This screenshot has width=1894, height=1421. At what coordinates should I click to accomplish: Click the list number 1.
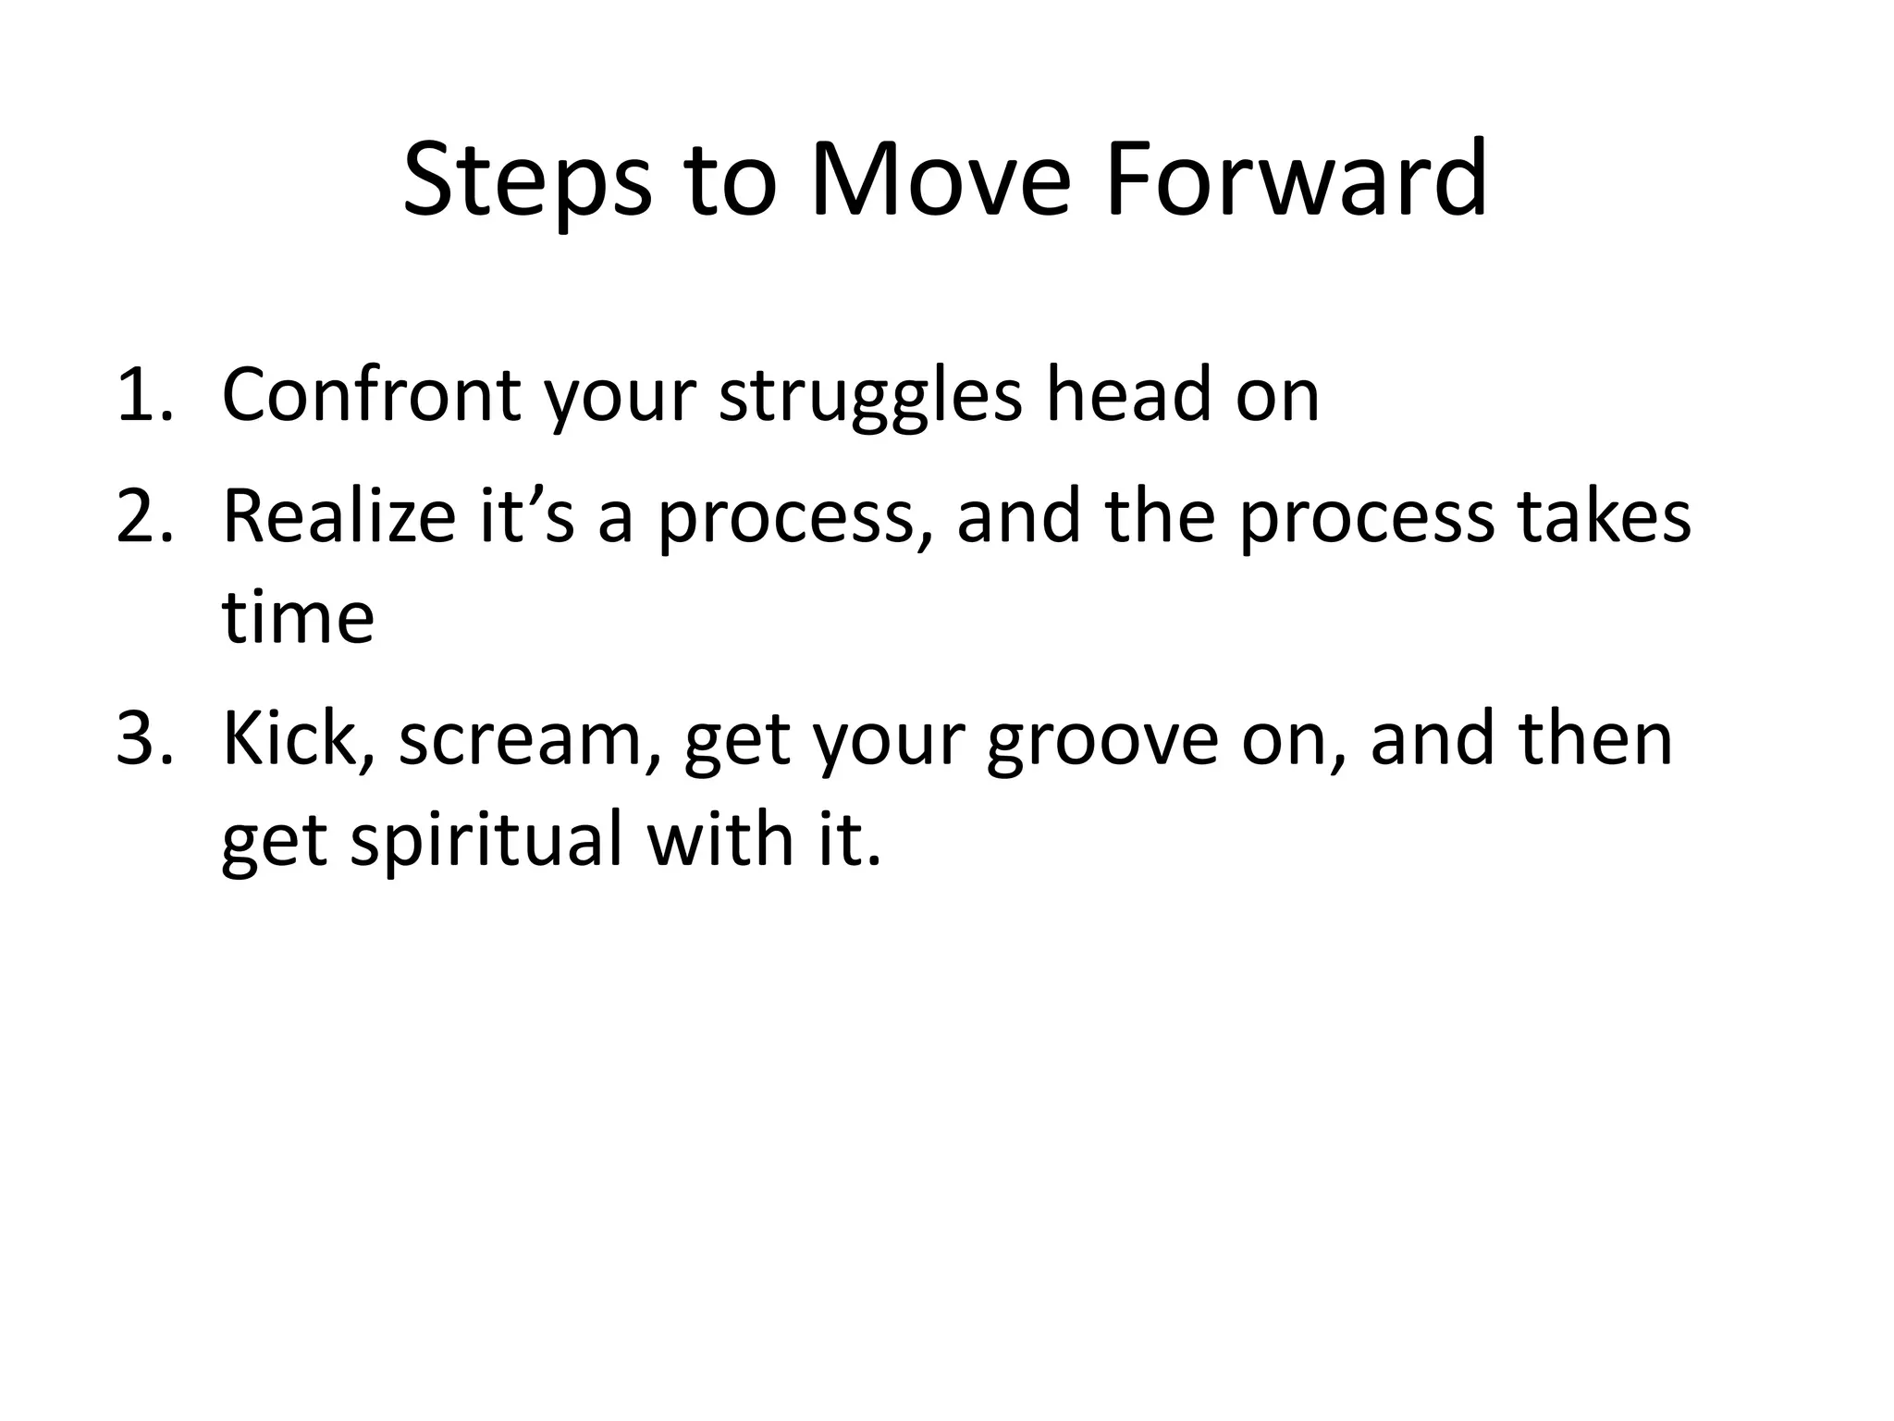(x=144, y=396)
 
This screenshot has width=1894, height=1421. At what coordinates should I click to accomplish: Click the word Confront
(x=371, y=396)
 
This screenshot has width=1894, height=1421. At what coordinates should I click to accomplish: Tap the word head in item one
(x=1129, y=394)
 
